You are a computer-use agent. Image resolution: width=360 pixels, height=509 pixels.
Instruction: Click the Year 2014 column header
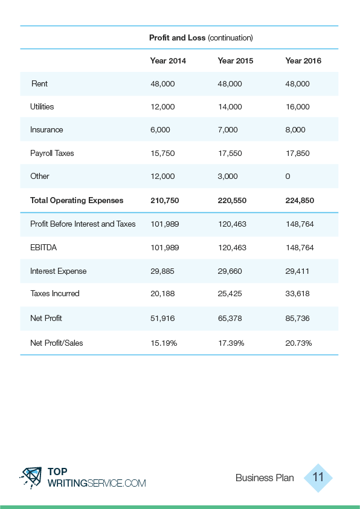click(168, 60)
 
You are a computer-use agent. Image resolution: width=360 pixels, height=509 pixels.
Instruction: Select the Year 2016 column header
click(303, 60)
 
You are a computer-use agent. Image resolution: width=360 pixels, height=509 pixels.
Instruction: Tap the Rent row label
click(40, 84)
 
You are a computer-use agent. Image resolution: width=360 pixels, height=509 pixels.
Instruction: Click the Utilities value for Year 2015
click(230, 107)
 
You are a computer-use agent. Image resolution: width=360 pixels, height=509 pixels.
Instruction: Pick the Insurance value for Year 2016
click(295, 130)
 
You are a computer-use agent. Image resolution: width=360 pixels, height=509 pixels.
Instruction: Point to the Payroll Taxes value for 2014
click(162, 153)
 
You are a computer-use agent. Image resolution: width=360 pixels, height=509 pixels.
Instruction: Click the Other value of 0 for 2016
click(288, 177)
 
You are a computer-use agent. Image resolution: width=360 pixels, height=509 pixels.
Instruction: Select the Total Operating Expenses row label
click(77, 200)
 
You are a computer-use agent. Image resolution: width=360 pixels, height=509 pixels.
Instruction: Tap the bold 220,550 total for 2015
click(232, 200)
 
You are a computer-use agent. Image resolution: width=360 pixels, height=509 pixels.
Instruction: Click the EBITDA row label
click(43, 248)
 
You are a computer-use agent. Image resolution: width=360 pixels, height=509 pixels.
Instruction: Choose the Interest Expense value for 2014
click(162, 271)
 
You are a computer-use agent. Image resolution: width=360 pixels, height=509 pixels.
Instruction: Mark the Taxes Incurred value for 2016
click(297, 293)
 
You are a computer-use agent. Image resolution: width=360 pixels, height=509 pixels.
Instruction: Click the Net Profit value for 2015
click(230, 318)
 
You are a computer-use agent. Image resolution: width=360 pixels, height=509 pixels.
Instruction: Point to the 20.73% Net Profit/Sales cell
click(299, 343)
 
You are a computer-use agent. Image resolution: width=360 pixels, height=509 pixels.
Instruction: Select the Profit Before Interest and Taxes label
click(83, 224)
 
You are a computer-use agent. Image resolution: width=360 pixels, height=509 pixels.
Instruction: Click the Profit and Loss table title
click(201, 37)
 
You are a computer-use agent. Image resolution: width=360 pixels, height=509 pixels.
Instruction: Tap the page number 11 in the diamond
click(318, 477)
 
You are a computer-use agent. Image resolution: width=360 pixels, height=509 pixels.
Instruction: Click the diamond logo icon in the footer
click(31, 478)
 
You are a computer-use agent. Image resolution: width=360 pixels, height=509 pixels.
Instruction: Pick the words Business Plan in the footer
click(265, 478)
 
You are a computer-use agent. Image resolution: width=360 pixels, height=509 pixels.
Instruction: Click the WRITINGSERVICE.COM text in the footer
click(97, 483)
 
